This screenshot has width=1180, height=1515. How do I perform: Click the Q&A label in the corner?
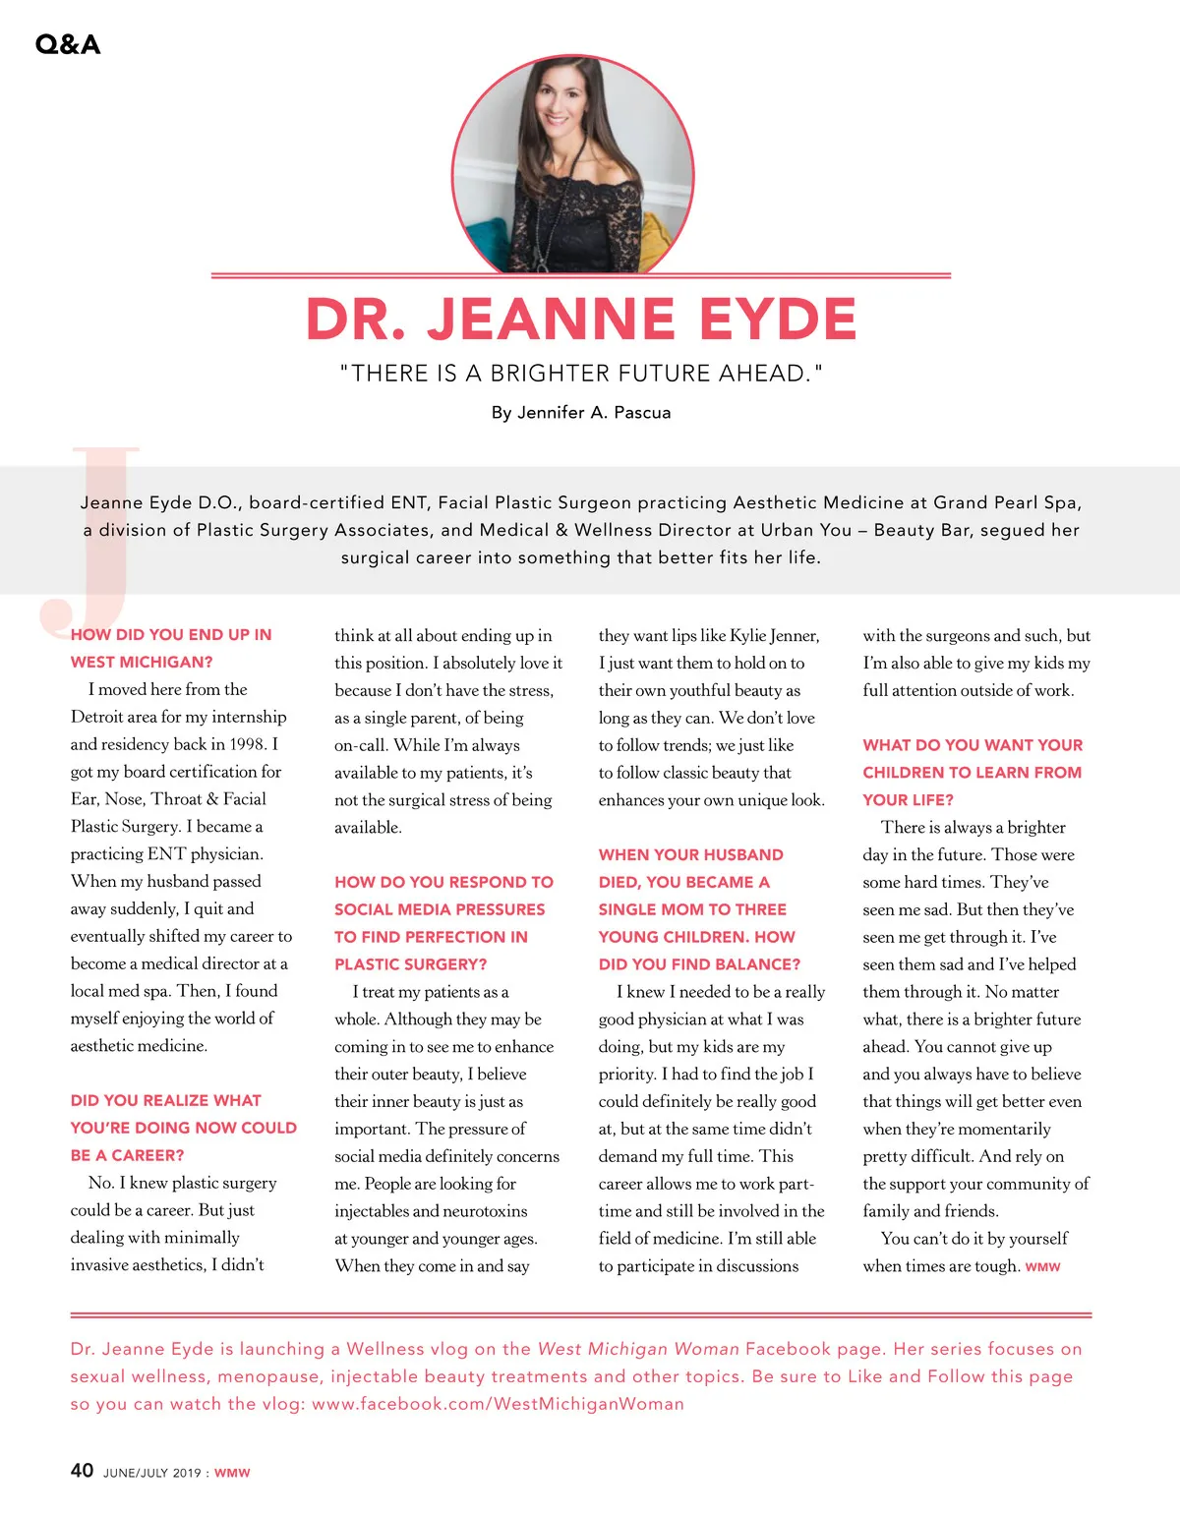pyautogui.click(x=67, y=44)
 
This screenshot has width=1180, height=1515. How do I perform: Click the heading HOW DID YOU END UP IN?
pyautogui.click(x=171, y=635)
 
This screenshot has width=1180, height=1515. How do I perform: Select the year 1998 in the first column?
pyautogui.click(x=247, y=744)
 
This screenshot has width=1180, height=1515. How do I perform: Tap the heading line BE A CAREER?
pyautogui.click(x=127, y=1155)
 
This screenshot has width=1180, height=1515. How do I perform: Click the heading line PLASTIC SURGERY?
pyautogui.click(x=410, y=964)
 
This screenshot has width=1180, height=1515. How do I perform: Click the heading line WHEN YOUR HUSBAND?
pyautogui.click(x=690, y=855)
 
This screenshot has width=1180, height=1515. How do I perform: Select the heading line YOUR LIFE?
pyautogui.click(x=908, y=800)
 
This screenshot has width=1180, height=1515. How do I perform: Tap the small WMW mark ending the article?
pyautogui.click(x=1042, y=1267)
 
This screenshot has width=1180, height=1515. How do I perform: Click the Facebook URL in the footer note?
pyautogui.click(x=498, y=1404)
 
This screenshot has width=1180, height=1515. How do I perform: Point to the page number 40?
pyautogui.click(x=82, y=1471)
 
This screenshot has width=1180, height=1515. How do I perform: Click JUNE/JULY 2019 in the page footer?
pyautogui.click(x=151, y=1473)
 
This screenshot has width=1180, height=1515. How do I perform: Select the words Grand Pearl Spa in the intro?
pyautogui.click(x=1006, y=502)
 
